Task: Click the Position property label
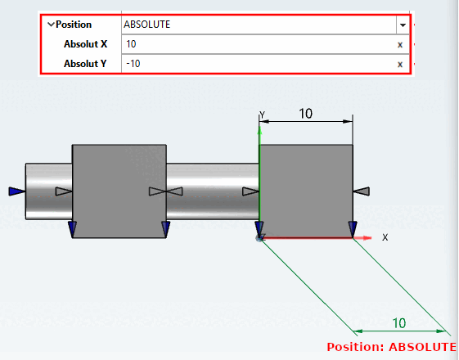pos(74,25)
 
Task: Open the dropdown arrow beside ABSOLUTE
pos(402,25)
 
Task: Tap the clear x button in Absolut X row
pos(400,45)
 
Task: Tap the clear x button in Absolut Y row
pos(400,64)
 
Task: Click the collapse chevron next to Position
pos(51,25)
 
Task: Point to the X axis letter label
pos(385,237)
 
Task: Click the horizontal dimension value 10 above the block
pos(305,114)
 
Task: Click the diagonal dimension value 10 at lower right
pos(399,323)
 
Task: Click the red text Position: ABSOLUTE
pos(391,347)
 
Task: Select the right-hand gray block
pos(306,191)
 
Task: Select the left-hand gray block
pos(119,191)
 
